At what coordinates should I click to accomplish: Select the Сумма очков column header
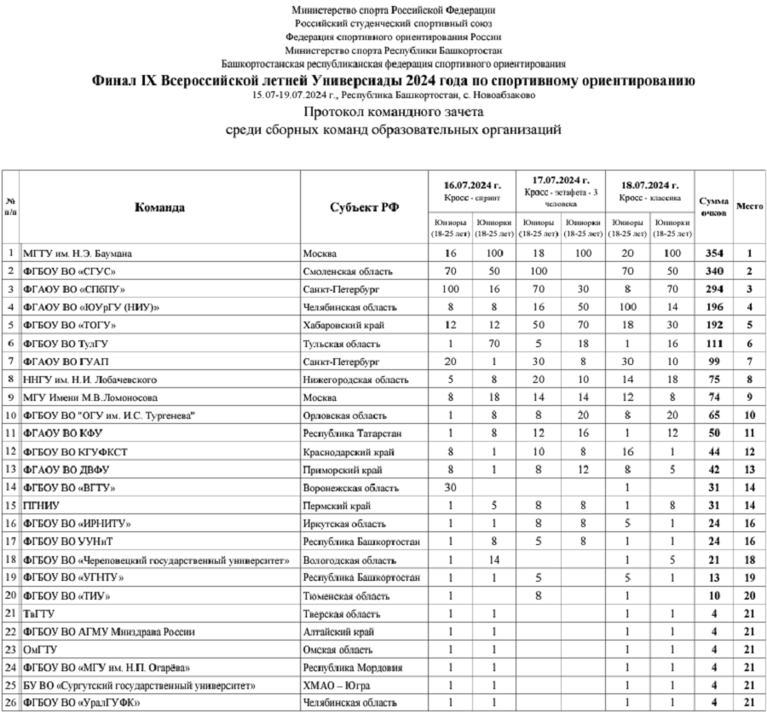pos(714,206)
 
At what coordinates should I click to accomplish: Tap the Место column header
pos(749,206)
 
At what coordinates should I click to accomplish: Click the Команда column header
pos(159,206)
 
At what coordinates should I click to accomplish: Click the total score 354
pos(714,253)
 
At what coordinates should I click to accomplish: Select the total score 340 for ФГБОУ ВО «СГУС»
pos(714,271)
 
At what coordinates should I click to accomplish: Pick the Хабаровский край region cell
pos(341,325)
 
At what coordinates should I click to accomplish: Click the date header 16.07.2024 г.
pos(472,185)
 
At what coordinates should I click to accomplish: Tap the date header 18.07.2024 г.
pos(649,185)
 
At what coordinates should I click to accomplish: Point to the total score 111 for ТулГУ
pos(714,343)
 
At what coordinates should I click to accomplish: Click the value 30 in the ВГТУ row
pos(451,487)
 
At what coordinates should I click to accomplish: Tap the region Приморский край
pos(340,469)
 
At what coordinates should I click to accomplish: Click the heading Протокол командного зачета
pos(393,113)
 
